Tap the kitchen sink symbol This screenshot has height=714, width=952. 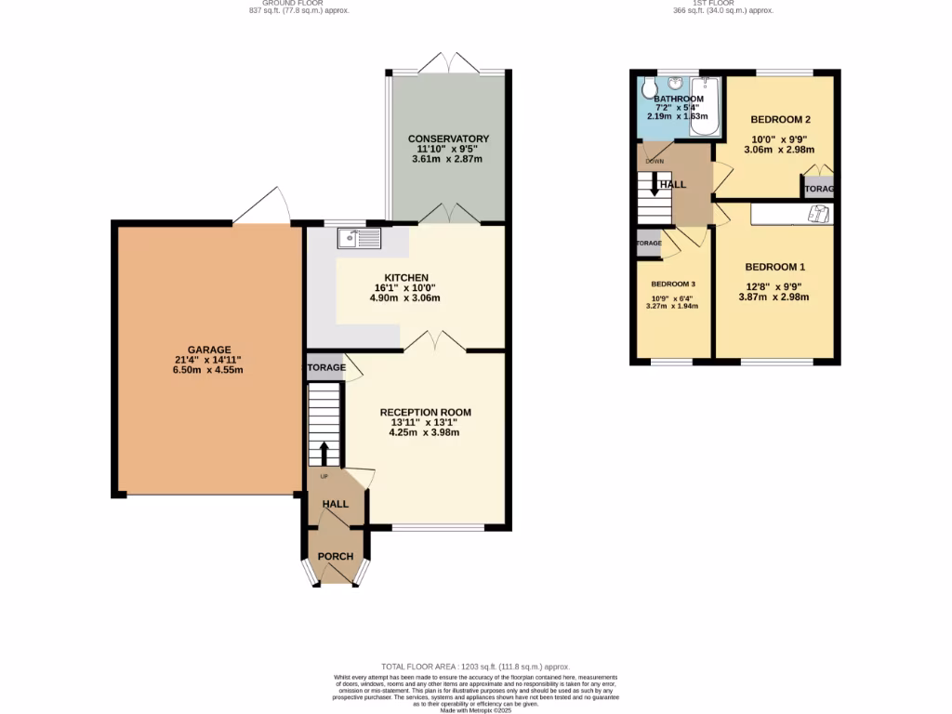click(x=358, y=238)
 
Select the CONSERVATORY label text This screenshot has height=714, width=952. click(x=448, y=139)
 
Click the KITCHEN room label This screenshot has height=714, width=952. click(x=406, y=277)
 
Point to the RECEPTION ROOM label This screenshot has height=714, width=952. click(x=425, y=412)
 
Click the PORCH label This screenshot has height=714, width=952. click(x=336, y=557)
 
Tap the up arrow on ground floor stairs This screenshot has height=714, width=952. click(x=324, y=453)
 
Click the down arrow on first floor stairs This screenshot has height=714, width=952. click(x=654, y=184)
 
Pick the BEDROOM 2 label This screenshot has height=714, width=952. click(x=781, y=119)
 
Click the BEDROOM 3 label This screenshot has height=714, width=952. click(x=673, y=284)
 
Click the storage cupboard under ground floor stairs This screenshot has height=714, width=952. click(x=324, y=368)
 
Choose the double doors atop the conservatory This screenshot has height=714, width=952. click(x=448, y=63)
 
